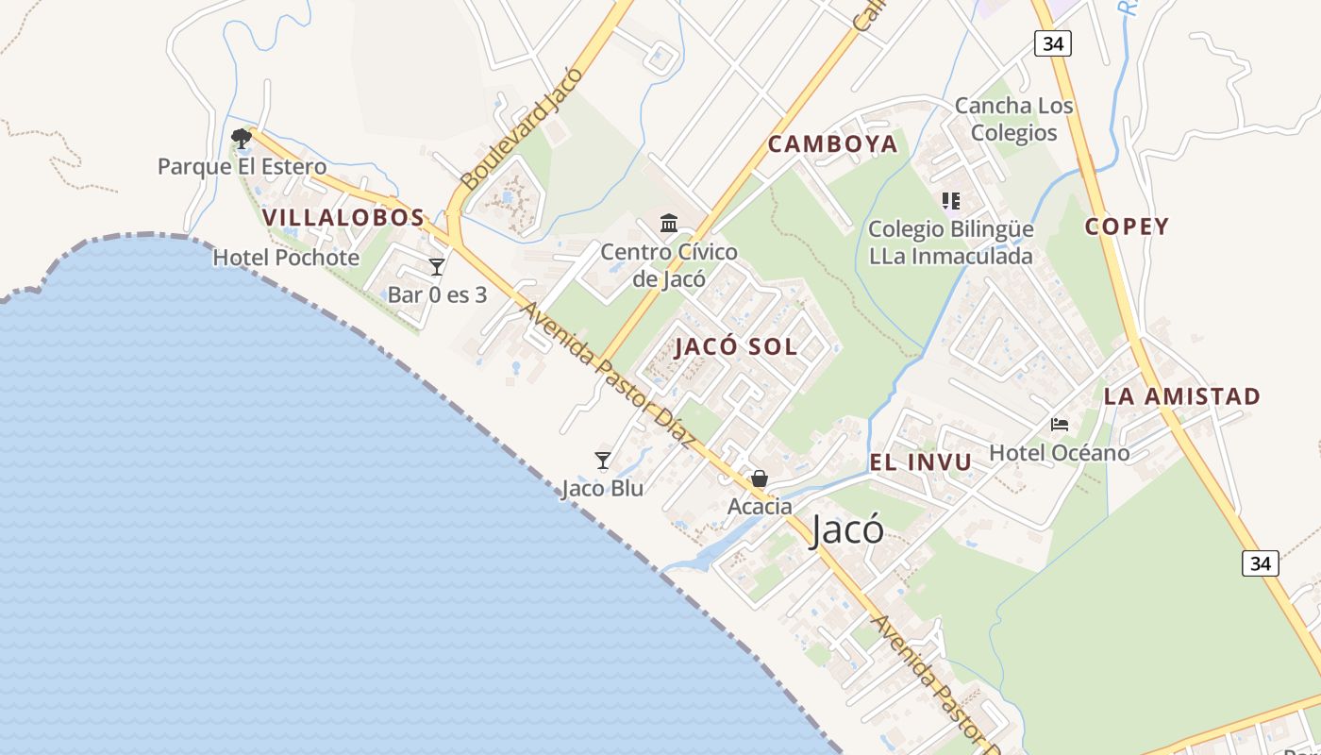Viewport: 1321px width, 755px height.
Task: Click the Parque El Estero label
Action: tap(242, 167)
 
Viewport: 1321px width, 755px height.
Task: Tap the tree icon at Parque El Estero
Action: tap(242, 139)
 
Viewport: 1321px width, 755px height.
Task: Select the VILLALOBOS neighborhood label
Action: tap(343, 218)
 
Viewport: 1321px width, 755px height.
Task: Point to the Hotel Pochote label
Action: tap(286, 258)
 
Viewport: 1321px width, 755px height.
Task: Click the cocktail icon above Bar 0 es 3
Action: tap(437, 267)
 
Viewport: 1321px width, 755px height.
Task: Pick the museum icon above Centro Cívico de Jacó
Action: tap(669, 224)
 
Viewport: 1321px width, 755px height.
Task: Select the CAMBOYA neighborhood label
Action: tap(832, 144)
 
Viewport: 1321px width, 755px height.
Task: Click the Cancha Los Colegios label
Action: tap(1014, 119)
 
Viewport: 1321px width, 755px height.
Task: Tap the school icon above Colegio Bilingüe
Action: tap(950, 201)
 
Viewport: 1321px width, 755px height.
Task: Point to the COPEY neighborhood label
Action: tap(1127, 226)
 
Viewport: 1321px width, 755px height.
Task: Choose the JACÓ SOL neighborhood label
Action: tap(736, 346)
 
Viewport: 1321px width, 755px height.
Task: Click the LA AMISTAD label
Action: tap(1182, 396)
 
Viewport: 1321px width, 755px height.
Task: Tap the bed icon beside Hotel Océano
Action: tap(1060, 425)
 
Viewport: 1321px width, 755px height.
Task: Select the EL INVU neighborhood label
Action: tap(920, 462)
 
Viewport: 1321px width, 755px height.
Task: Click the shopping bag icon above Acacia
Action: tap(760, 478)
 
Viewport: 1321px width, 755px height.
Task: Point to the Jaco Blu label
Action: tap(602, 489)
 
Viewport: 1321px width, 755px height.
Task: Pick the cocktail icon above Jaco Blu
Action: tap(603, 461)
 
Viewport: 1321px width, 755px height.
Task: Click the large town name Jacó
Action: tap(847, 530)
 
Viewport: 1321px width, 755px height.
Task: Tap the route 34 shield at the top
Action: tap(1052, 42)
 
